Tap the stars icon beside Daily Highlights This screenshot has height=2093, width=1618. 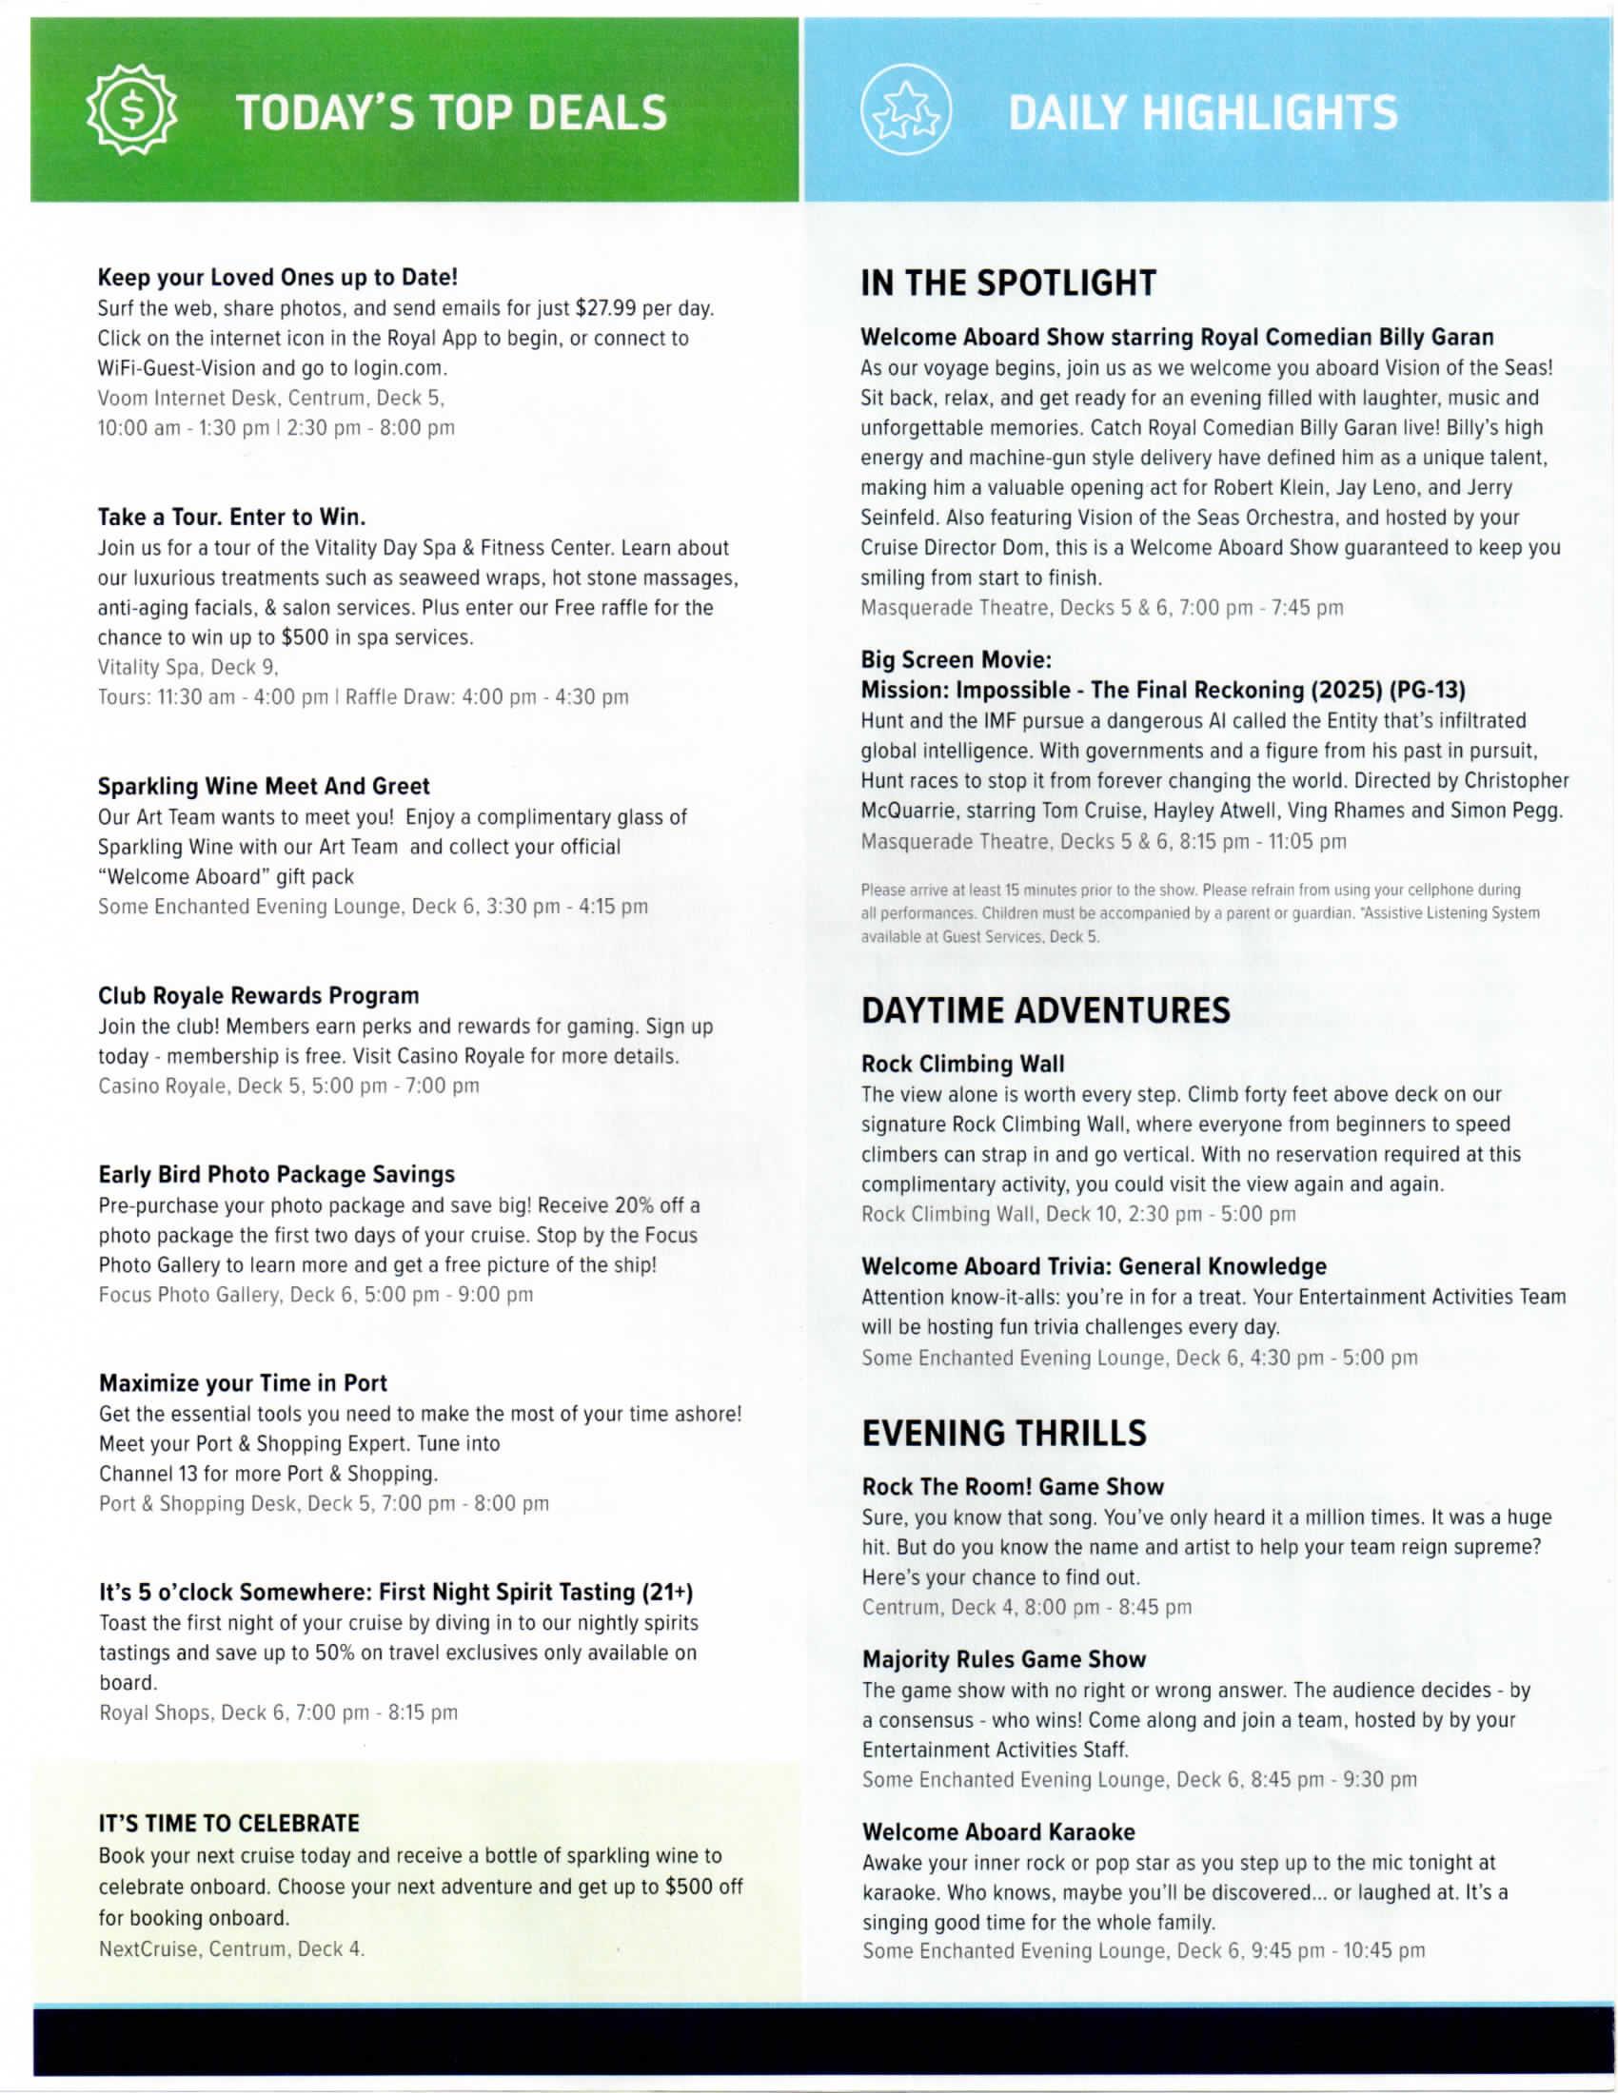tap(905, 111)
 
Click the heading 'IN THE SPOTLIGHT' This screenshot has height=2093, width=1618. tap(1008, 284)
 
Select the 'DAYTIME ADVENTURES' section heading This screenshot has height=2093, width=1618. tap(1045, 1011)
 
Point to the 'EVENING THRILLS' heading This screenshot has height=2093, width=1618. tap(1003, 1434)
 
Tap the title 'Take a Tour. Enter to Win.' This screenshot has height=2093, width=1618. tap(232, 518)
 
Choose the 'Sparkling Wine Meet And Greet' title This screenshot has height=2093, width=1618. tap(264, 787)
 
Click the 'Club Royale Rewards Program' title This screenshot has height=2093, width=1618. tap(259, 996)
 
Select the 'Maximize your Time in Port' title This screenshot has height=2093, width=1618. tap(243, 1384)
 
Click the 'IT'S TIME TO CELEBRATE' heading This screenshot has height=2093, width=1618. tap(229, 1824)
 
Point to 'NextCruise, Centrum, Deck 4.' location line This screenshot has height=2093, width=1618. tap(232, 1948)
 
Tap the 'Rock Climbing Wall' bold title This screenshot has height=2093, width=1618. tap(962, 1065)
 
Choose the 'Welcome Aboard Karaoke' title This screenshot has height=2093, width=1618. tap(997, 1832)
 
